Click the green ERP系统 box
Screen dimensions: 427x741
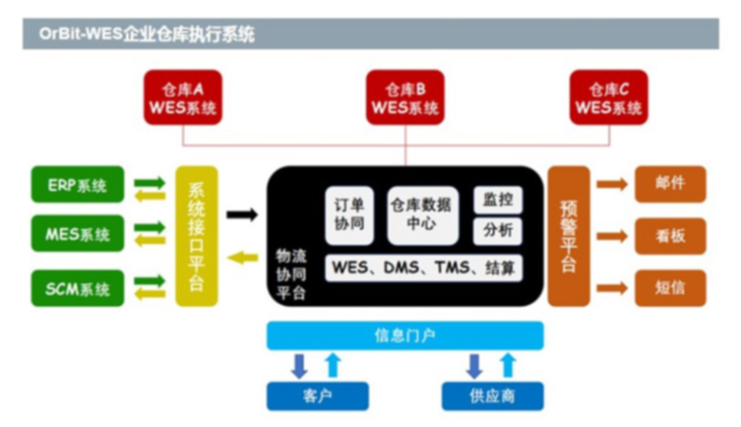77,186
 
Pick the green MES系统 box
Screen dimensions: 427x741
77,233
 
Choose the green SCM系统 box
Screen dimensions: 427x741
77,288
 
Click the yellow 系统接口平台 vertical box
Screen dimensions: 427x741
196,236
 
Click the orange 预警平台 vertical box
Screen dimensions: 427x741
568,236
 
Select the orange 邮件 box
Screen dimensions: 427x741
670,183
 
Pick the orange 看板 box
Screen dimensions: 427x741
670,236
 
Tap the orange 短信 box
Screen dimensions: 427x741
670,288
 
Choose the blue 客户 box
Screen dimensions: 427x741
311,396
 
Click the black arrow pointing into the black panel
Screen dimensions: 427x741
242,215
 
